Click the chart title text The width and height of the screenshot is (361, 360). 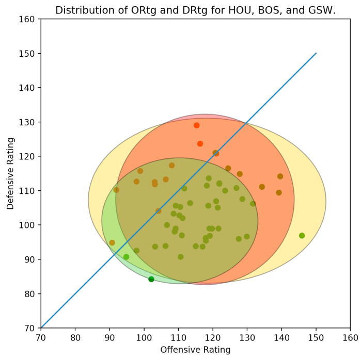(x=195, y=10)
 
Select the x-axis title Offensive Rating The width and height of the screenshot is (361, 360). (x=195, y=350)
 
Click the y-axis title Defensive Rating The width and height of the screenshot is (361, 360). (x=10, y=173)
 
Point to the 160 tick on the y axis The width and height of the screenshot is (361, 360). (x=28, y=19)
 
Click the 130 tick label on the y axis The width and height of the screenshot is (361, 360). (x=28, y=122)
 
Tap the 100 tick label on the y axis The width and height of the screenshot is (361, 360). (x=28, y=225)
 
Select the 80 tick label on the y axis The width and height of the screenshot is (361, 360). (x=30, y=294)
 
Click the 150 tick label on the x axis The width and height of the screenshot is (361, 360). (x=316, y=338)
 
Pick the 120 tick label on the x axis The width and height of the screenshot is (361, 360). (x=213, y=338)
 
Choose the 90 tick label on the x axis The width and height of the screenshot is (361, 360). (x=109, y=338)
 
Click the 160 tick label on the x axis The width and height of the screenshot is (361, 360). (x=350, y=338)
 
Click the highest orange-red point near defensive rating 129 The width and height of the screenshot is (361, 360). (x=196, y=125)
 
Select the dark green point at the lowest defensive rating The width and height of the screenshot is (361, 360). (x=151, y=279)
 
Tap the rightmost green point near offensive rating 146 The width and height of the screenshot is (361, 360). (x=302, y=236)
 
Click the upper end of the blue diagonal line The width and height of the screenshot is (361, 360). (x=316, y=53)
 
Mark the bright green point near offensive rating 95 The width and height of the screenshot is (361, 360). (x=126, y=257)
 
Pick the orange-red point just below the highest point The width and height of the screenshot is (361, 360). (x=200, y=144)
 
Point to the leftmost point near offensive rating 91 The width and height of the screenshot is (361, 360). (x=112, y=242)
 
